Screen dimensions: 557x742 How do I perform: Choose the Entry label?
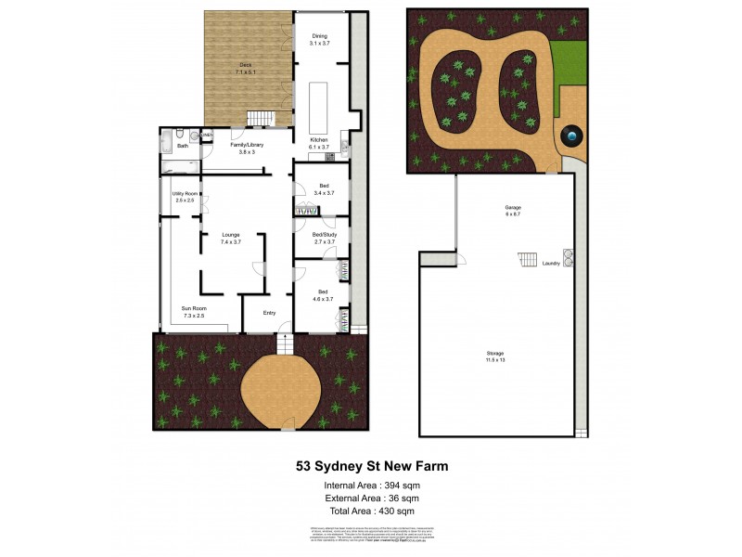[x=269, y=312]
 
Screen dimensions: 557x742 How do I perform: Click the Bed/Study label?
[x=324, y=235]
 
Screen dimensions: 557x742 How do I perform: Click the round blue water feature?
[x=571, y=136]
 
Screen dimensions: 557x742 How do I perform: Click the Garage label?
[x=512, y=208]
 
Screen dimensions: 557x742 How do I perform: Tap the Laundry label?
[x=550, y=264]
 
